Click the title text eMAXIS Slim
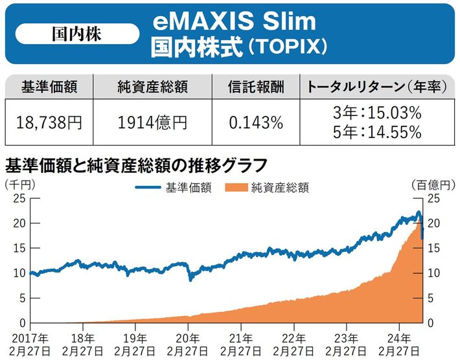click(236, 21)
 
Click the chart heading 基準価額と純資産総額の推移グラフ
click(136, 162)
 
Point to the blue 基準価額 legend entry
click(176, 188)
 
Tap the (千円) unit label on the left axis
click(20, 185)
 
